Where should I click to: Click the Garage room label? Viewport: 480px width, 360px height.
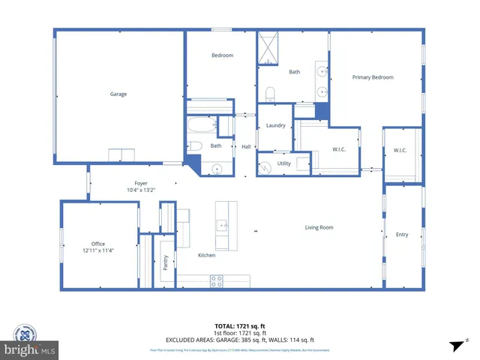[x=118, y=94]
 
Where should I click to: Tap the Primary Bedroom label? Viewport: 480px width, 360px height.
[x=373, y=77]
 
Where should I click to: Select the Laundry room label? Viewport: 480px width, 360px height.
[x=275, y=125]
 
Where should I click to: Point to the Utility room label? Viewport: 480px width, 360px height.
[x=284, y=163]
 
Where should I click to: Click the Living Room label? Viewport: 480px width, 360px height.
[x=319, y=227]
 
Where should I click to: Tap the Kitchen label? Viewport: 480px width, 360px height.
[x=206, y=255]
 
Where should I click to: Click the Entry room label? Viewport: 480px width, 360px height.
[x=402, y=235]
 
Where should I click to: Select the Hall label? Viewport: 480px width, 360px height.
[x=246, y=146]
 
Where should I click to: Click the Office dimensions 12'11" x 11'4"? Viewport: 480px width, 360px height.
[x=97, y=250]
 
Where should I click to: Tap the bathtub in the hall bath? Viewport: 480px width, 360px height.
[x=201, y=124]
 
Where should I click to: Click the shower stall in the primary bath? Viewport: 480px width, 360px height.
[x=268, y=46]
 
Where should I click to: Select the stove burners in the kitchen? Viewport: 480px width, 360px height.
[x=216, y=281]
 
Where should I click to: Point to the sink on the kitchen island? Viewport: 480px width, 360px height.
[x=222, y=224]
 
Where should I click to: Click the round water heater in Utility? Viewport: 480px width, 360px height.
[x=265, y=168]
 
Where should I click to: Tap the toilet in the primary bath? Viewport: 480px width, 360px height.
[x=271, y=94]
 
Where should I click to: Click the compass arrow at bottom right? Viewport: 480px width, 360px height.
[x=454, y=345]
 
